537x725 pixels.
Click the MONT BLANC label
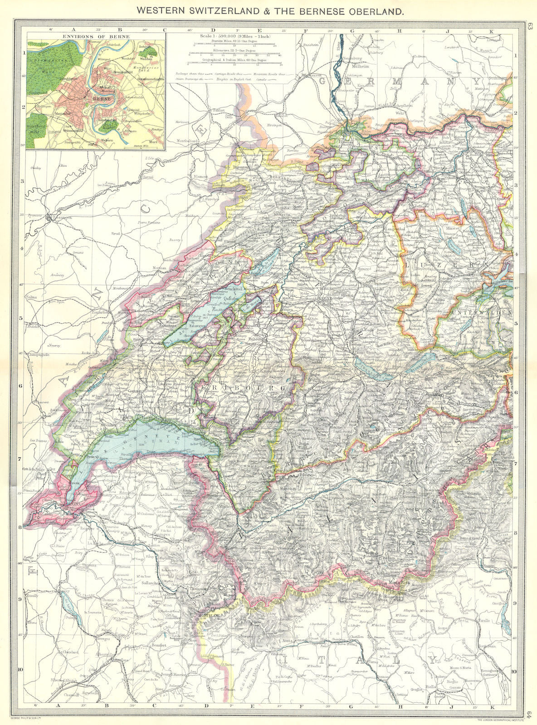[x=209, y=616]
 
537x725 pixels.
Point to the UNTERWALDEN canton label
[x=488, y=313]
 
